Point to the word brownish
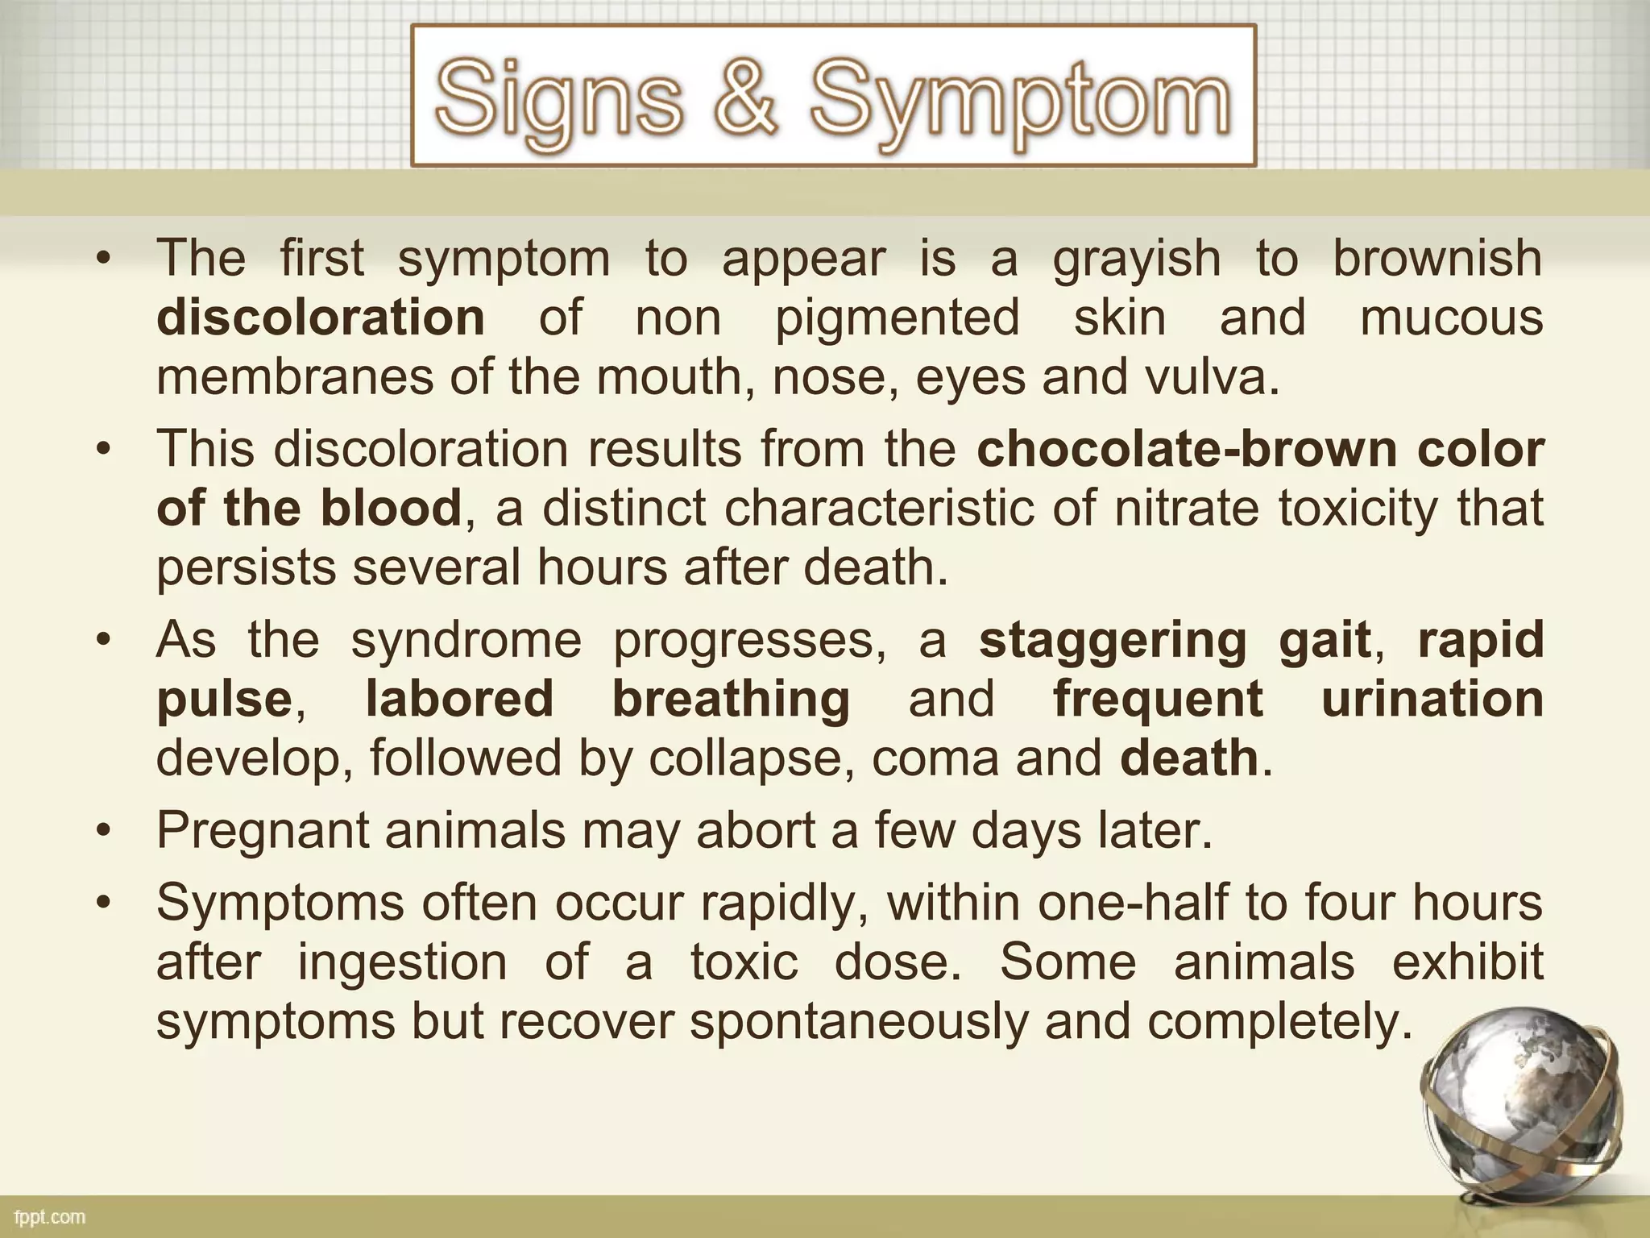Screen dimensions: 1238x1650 click(x=1437, y=258)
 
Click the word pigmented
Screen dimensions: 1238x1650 click(x=898, y=319)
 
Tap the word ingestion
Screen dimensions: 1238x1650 click(x=403, y=962)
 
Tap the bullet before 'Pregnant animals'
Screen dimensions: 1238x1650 click(x=102, y=831)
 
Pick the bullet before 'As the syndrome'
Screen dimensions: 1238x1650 click(x=102, y=640)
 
